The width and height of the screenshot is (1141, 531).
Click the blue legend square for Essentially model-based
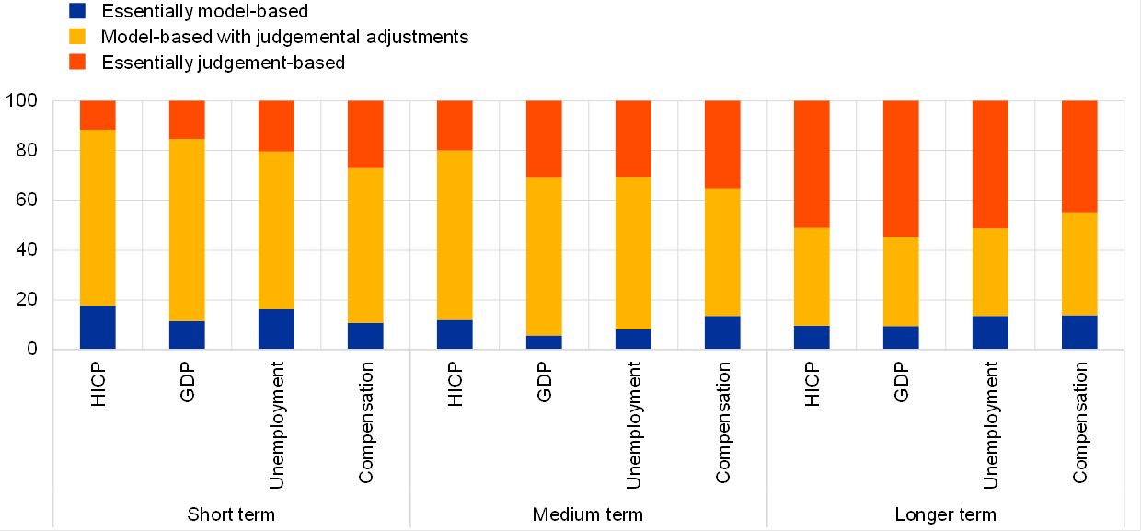pos(78,12)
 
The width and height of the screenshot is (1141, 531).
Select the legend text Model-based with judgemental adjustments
pos(285,38)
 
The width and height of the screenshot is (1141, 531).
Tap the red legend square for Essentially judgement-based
pos(78,63)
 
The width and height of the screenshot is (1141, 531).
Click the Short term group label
pos(231,514)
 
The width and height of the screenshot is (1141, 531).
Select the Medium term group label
pos(588,514)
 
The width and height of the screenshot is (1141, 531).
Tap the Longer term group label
pos(945,514)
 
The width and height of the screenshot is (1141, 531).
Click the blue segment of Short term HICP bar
pos(98,327)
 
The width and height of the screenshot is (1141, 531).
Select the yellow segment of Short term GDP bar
pos(187,230)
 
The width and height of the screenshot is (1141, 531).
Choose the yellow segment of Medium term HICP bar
pos(455,235)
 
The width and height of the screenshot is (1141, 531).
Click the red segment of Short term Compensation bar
pos(365,134)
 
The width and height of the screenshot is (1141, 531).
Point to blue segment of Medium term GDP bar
pos(544,342)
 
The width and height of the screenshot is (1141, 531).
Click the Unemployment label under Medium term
pos(633,424)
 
